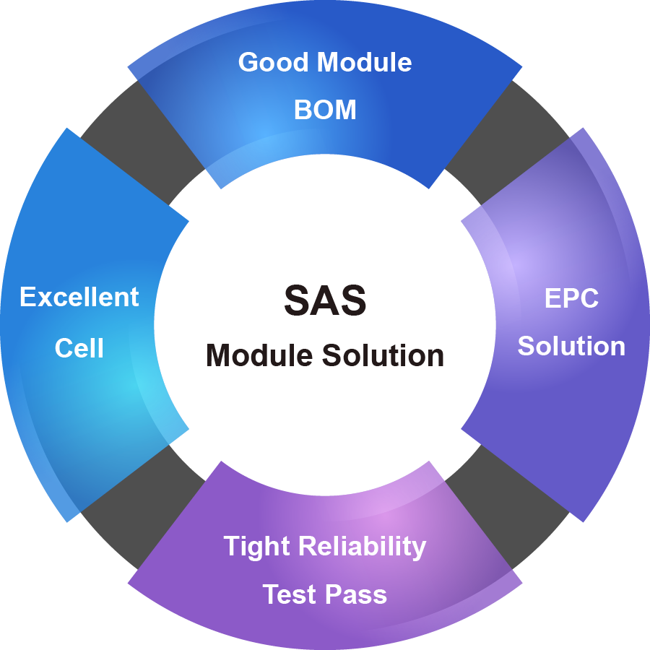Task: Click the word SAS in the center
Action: click(325, 300)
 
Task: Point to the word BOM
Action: click(325, 110)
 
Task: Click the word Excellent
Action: click(79, 297)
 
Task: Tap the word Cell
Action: click(79, 348)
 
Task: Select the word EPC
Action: click(571, 298)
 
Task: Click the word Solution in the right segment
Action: click(571, 346)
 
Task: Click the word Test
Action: click(290, 594)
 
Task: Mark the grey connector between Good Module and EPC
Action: click(506, 141)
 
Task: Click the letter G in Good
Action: click(248, 62)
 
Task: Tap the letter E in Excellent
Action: click(27, 297)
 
